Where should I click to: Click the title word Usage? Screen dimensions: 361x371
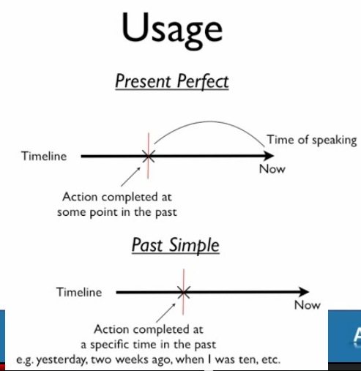pyautogui.click(x=172, y=30)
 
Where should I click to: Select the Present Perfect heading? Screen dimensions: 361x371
pyautogui.click(x=172, y=81)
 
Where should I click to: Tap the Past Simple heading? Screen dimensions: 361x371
pyautogui.click(x=176, y=245)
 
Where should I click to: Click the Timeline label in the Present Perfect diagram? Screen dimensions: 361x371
pyautogui.click(x=44, y=156)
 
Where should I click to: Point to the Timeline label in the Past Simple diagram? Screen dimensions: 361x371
pyautogui.click(x=79, y=292)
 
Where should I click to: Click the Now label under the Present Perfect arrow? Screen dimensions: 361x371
pyautogui.click(x=272, y=169)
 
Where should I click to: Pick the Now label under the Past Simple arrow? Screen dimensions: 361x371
pyautogui.click(x=308, y=305)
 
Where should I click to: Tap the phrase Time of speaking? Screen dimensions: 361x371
pyautogui.click(x=312, y=140)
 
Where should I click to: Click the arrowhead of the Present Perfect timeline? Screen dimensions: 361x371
pyautogui.click(x=269, y=156)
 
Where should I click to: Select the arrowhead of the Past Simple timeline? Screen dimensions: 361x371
pyautogui.click(x=304, y=292)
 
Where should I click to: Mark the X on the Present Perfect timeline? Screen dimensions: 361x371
pyautogui.click(x=148, y=156)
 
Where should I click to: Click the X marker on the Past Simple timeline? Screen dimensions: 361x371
pyautogui.click(x=184, y=292)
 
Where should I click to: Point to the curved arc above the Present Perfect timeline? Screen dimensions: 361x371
pyautogui.click(x=209, y=121)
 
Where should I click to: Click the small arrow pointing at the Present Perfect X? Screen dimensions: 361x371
pyautogui.click(x=130, y=176)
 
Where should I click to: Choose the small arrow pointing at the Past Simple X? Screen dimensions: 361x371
pyautogui.click(x=166, y=312)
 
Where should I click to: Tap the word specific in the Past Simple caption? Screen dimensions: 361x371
pyautogui.click(x=110, y=345)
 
